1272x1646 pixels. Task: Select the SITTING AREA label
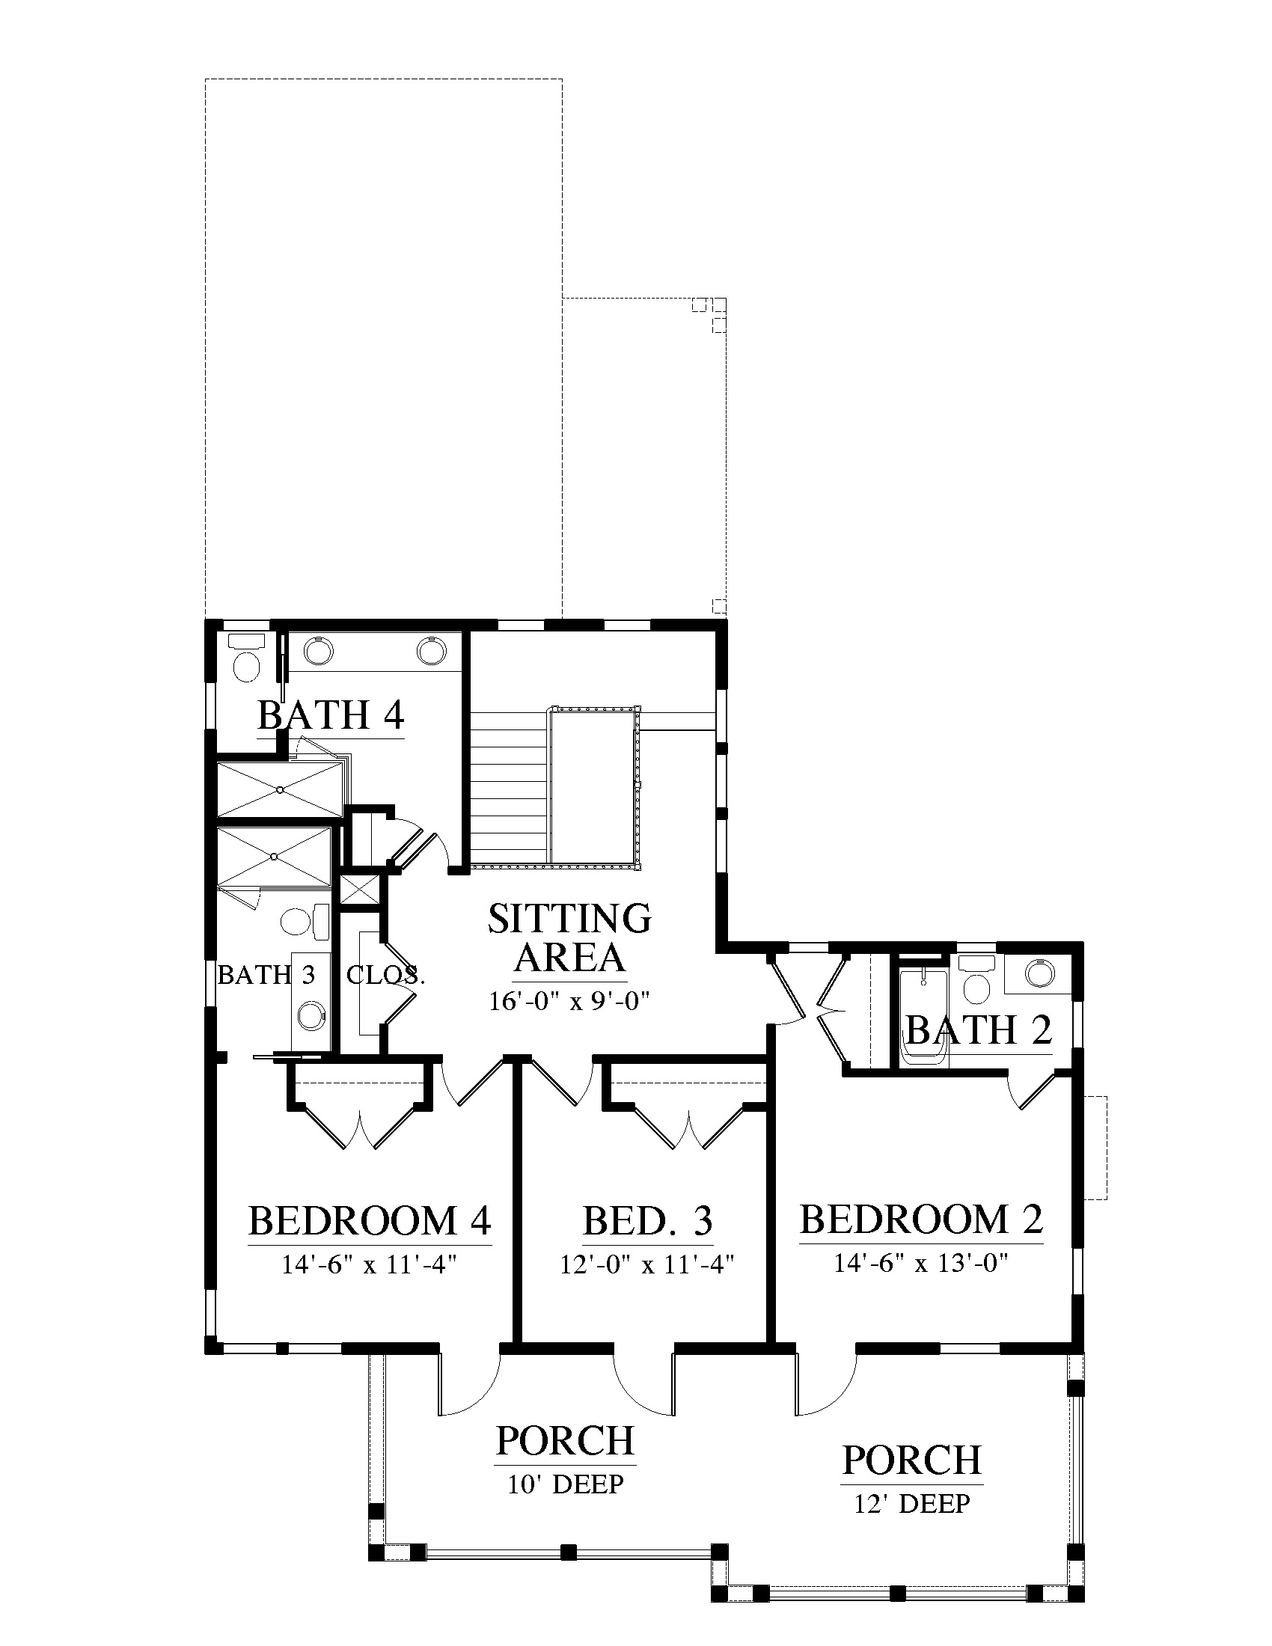(569, 937)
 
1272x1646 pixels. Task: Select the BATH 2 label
(978, 1029)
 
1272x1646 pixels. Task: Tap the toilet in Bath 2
(977, 981)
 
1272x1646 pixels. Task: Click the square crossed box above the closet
(357, 890)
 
